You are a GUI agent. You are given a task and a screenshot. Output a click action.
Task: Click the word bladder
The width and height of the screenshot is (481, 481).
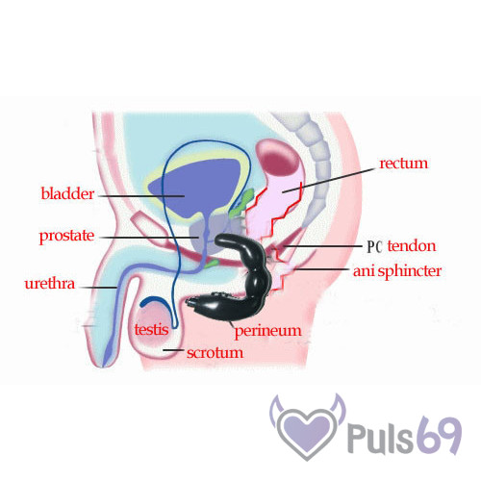[67, 193]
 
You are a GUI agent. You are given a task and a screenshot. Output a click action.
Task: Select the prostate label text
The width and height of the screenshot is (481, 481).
[66, 236]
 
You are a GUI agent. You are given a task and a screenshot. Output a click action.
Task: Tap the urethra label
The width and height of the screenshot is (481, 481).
[50, 284]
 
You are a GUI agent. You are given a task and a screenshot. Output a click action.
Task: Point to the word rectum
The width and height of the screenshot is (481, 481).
[404, 164]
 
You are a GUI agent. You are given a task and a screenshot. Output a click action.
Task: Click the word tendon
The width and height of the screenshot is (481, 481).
[412, 246]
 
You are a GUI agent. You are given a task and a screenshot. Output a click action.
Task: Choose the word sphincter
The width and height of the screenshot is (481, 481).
[410, 271]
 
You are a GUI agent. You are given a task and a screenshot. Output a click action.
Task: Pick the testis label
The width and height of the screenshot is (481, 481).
[151, 329]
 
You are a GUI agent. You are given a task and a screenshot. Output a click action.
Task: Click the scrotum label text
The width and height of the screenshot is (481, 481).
[215, 353]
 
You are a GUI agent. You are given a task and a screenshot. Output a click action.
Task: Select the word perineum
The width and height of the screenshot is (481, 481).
[268, 331]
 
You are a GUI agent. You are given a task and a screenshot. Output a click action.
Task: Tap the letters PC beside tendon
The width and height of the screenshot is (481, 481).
[375, 246]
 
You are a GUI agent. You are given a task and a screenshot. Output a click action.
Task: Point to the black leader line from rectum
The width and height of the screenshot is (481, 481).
[329, 180]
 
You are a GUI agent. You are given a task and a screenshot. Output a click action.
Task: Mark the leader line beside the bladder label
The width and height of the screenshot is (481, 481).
[141, 195]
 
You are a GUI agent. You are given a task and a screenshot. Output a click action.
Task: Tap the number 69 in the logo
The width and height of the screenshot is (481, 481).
[441, 436]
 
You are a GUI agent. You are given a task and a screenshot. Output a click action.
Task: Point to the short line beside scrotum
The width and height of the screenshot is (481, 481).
[173, 350]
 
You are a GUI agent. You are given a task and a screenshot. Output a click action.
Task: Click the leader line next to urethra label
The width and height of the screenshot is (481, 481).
[98, 288]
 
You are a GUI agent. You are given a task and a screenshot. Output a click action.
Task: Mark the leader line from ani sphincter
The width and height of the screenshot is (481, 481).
[321, 269]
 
